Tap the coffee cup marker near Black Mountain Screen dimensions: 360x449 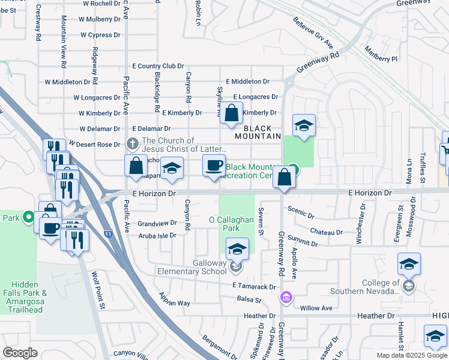pos(214,166)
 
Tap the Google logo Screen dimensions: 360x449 pos(20,353)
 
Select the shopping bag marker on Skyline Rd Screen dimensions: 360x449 pos(231,113)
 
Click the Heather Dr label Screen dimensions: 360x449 pos(259,316)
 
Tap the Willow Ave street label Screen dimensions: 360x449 pos(316,308)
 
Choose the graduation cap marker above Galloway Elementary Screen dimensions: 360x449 pos(237,248)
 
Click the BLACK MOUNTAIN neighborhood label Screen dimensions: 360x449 pos(262,132)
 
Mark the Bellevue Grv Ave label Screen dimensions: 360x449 pos(313,36)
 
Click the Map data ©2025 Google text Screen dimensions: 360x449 pos(412,355)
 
